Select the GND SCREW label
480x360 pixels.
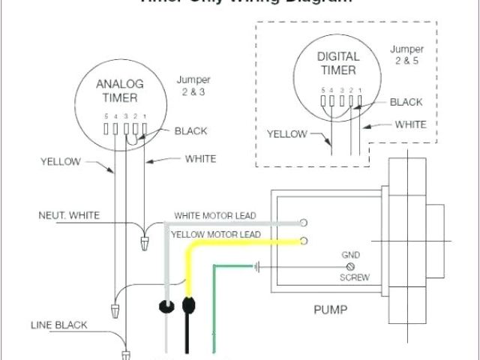[x=350, y=265]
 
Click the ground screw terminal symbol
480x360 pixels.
[x=350, y=266]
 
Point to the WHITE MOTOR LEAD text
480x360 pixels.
[x=215, y=215]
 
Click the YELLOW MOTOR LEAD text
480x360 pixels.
[x=217, y=235]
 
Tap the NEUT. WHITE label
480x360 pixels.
[x=69, y=215]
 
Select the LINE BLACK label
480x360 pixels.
[x=58, y=325]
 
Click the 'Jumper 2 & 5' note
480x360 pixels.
[x=407, y=55]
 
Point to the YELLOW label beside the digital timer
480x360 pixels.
[x=287, y=135]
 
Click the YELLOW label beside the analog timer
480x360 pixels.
[x=60, y=160]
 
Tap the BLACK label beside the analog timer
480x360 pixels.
[x=190, y=130]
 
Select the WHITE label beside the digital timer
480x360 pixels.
[x=410, y=124]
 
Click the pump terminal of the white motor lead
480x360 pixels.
[x=304, y=223]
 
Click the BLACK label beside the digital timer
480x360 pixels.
[x=407, y=102]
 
